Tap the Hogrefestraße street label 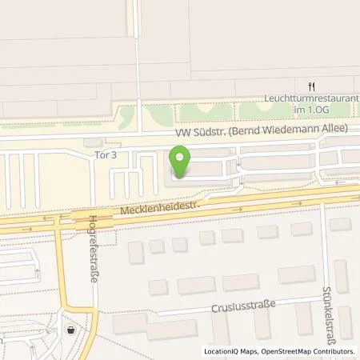click(x=94, y=240)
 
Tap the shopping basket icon click(x=71, y=329)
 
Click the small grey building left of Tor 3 click(x=87, y=142)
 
